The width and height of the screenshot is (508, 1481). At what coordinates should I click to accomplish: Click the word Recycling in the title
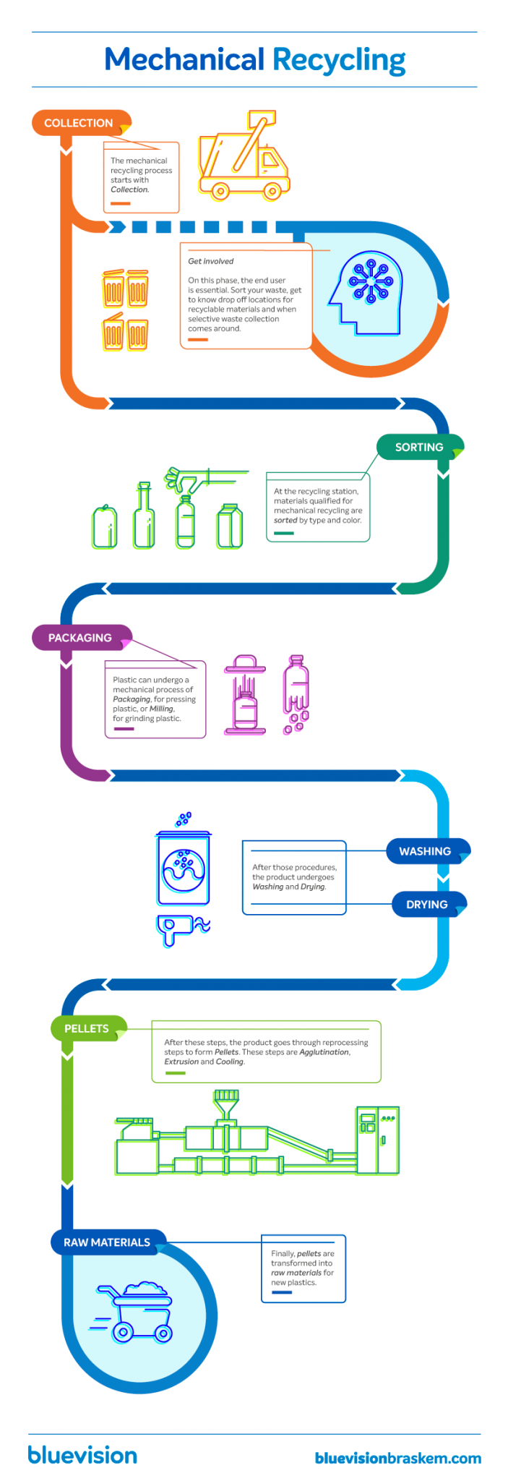coord(338,60)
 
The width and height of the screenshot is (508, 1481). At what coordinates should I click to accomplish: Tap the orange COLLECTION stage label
coord(79,123)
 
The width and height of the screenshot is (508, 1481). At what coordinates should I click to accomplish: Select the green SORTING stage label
coord(419,447)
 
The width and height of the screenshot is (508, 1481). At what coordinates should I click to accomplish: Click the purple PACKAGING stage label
coord(80,638)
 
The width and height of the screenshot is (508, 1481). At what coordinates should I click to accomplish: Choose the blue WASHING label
coord(425,851)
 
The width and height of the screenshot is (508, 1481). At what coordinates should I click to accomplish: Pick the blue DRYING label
coord(427,904)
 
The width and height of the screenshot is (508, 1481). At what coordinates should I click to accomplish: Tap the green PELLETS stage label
coord(87,1028)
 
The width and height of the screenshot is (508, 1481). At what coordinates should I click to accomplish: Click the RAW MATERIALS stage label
coord(107,1242)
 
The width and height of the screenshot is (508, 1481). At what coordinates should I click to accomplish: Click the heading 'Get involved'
coord(211,261)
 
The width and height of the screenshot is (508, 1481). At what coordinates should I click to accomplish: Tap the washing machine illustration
coord(184,867)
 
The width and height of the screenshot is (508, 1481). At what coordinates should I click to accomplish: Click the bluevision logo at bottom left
coord(82,1455)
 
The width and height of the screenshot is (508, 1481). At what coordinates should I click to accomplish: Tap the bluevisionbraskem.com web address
coord(397,1458)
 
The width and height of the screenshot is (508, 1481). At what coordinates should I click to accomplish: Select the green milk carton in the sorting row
coord(231,526)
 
